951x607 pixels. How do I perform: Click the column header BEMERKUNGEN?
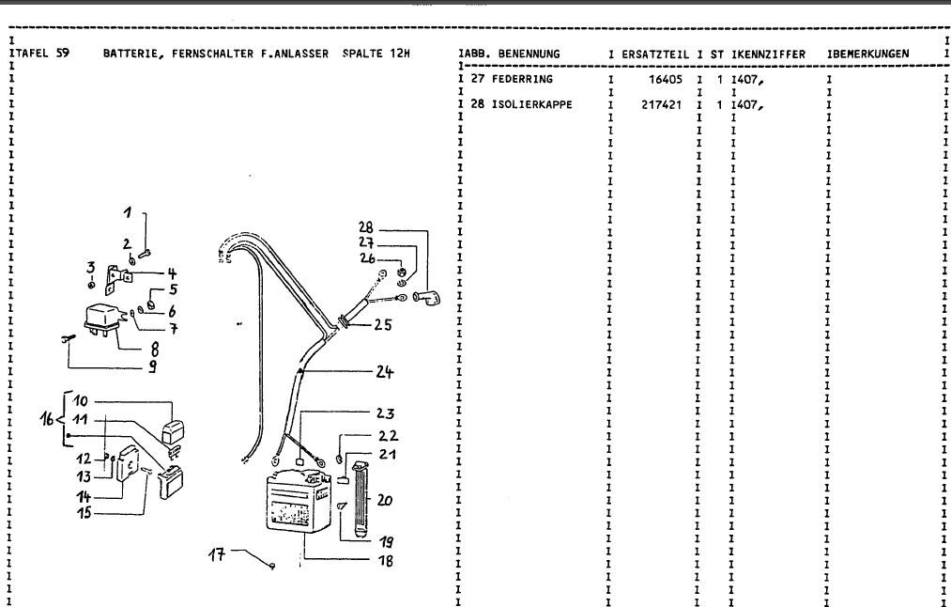click(870, 54)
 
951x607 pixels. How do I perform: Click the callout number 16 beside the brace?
click(47, 420)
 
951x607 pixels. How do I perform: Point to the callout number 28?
click(366, 226)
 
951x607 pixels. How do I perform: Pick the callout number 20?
click(384, 501)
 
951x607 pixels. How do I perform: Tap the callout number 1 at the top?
click(130, 211)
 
